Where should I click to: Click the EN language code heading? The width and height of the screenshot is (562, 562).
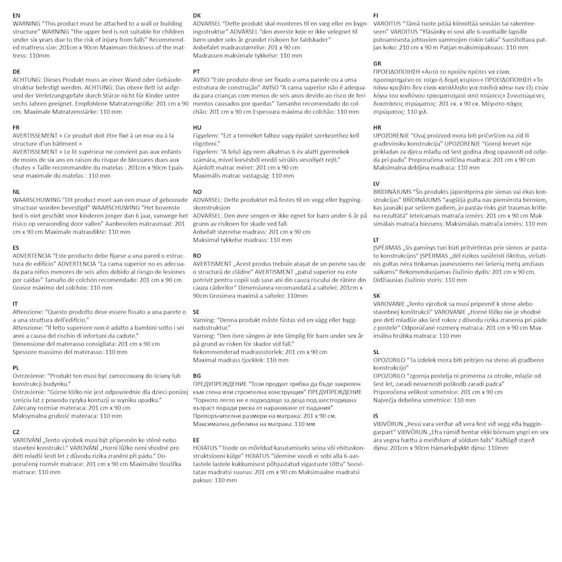click(16, 16)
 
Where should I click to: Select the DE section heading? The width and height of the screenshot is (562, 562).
click(16, 72)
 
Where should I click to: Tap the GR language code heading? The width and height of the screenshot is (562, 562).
click(377, 64)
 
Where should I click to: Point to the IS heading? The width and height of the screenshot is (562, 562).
click(375, 416)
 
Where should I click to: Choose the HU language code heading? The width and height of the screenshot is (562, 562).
click(197, 127)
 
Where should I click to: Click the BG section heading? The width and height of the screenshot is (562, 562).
click(197, 375)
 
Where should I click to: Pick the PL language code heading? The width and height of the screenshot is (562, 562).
click(16, 367)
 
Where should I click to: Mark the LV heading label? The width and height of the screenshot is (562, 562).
click(376, 183)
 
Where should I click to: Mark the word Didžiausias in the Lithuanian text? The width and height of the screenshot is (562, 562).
click(392, 280)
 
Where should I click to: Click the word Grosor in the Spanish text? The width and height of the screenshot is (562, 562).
click(23, 288)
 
